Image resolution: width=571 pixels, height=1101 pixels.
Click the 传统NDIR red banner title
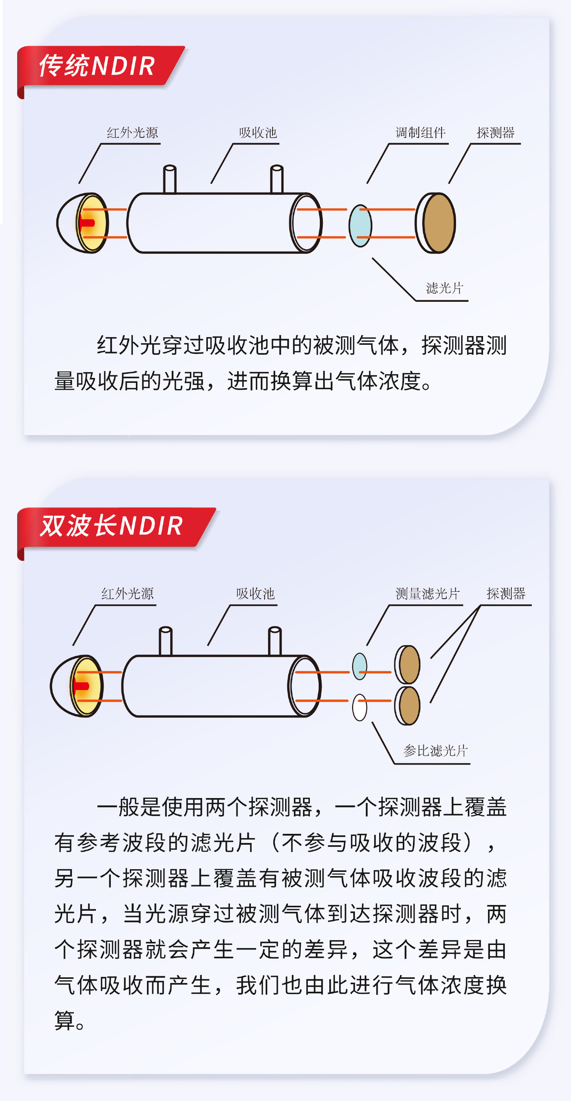(x=97, y=66)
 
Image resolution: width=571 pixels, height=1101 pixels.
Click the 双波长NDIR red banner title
(x=111, y=526)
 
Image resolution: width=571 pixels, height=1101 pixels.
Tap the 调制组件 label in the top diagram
(x=421, y=132)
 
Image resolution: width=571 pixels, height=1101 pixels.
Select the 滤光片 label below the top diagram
(x=445, y=288)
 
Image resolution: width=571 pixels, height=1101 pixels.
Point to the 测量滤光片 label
(x=427, y=594)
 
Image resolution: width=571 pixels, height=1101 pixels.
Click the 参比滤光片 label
(x=435, y=750)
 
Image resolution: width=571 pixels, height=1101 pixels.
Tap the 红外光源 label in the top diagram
(x=132, y=132)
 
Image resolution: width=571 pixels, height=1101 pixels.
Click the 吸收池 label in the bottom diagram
(x=255, y=594)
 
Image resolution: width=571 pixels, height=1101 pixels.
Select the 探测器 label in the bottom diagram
(x=506, y=594)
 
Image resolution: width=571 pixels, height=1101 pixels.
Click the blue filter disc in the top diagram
(x=360, y=226)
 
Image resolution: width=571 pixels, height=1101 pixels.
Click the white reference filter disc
(x=359, y=707)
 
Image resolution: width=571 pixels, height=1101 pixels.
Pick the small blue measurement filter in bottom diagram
(x=359, y=666)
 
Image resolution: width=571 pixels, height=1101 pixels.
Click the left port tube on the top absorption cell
(x=170, y=179)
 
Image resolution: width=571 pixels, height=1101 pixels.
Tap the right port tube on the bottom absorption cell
(x=275, y=641)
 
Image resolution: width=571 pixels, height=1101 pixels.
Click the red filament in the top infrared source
(x=87, y=223)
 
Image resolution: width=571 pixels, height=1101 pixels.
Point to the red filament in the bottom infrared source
(x=81, y=686)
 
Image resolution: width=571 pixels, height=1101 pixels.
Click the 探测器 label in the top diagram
(x=496, y=132)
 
